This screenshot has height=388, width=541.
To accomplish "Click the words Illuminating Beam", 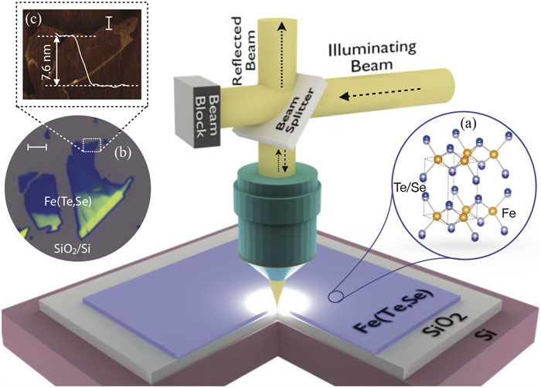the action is pyautogui.click(x=373, y=57).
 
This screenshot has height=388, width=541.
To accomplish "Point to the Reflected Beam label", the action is pyautogui.click(x=244, y=51).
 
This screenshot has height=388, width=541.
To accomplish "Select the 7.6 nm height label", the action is pyautogui.click(x=47, y=63).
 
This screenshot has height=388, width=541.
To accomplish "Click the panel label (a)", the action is pyautogui.click(x=468, y=123).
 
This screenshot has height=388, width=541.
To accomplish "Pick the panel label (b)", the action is pyautogui.click(x=123, y=154).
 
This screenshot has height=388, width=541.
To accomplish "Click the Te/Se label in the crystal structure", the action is pyautogui.click(x=407, y=187).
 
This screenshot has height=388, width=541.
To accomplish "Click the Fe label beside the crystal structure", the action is pyautogui.click(x=509, y=213).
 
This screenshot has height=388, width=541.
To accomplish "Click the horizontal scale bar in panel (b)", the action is pyautogui.click(x=37, y=147).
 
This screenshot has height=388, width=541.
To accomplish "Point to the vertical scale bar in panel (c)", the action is pyautogui.click(x=110, y=24).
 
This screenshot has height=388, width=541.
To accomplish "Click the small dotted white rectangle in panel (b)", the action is pyautogui.click(x=92, y=145).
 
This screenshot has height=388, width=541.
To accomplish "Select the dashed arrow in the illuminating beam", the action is pyautogui.click(x=380, y=94).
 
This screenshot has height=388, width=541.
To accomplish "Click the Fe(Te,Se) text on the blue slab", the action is pyautogui.click(x=393, y=313).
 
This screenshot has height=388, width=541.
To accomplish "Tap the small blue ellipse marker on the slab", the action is pyautogui.click(x=335, y=297).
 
